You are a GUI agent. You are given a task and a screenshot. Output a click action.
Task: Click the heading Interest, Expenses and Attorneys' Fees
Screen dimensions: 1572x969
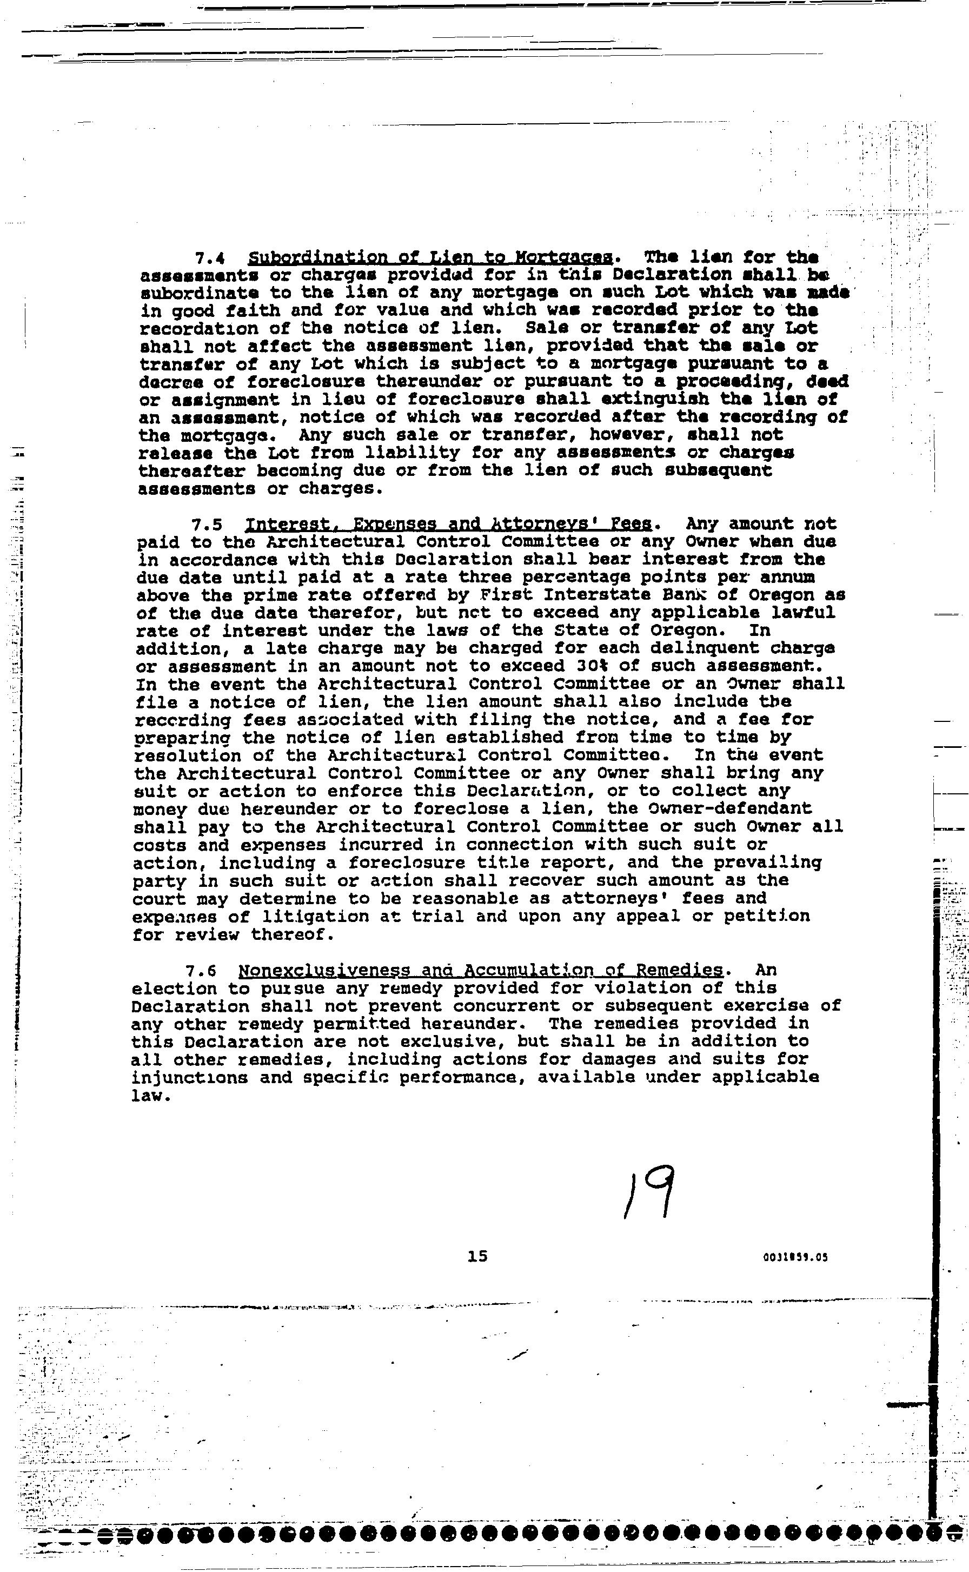[449, 524]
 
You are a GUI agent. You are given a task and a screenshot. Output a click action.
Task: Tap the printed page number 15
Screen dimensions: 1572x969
[477, 1256]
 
